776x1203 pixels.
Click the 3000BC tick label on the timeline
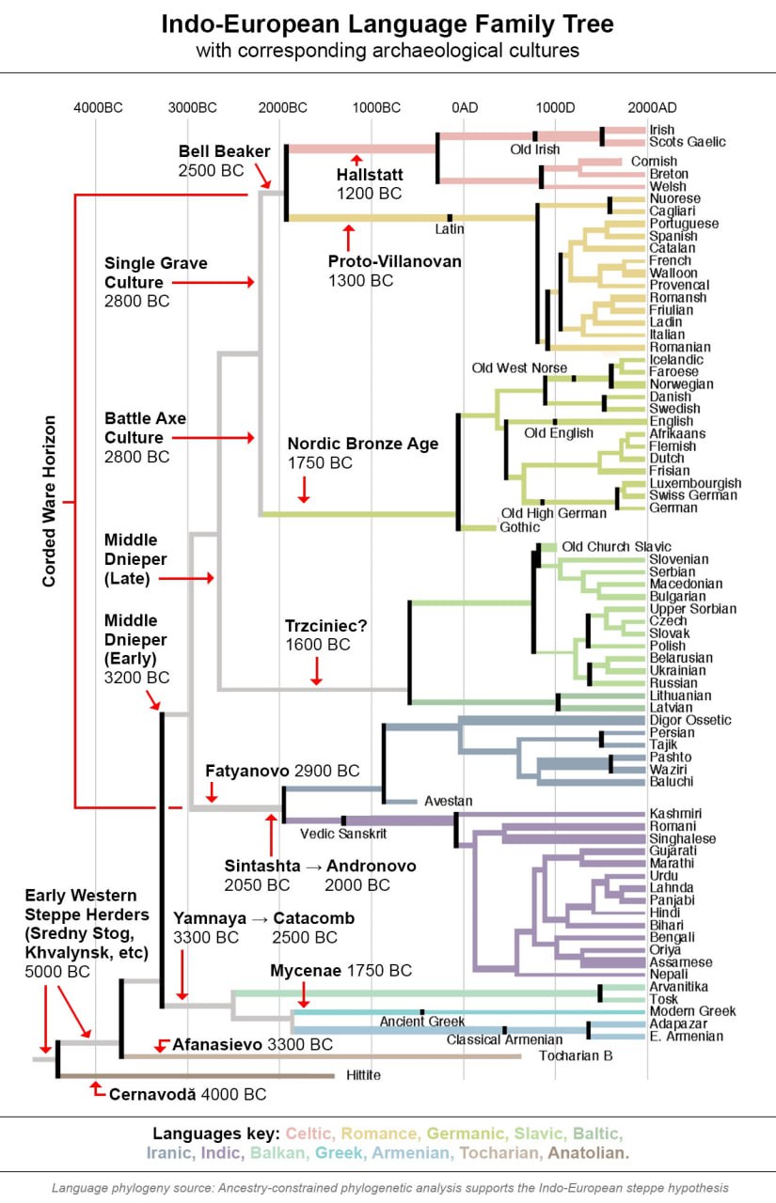(193, 108)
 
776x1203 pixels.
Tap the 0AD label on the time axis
(465, 108)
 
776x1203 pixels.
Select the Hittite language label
(363, 1075)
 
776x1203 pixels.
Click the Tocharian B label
(576, 1055)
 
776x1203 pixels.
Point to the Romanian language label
(680, 347)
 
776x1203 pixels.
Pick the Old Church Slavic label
(616, 547)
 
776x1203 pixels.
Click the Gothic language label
(519, 527)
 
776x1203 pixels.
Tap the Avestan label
(448, 801)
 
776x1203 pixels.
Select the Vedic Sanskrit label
(343, 834)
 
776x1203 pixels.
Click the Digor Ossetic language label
(690, 720)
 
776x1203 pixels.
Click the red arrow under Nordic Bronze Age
(304, 489)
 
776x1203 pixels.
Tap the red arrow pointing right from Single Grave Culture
(213, 282)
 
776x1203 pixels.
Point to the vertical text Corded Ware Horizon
(49, 501)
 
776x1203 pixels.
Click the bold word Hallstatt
(370, 175)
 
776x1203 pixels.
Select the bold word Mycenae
(306, 971)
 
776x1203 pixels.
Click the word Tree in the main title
(586, 24)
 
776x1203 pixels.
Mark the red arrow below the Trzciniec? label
(317, 671)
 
